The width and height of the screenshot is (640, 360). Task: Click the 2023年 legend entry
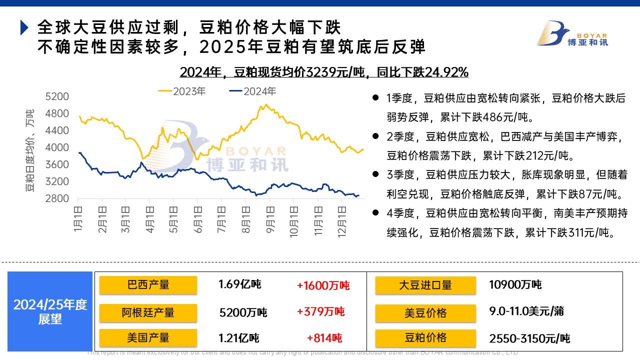coord(182,91)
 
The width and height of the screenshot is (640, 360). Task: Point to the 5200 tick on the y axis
coord(56,96)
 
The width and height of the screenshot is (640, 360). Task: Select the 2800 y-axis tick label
coord(56,198)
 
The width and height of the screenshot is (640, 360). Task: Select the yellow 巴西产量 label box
coord(148,285)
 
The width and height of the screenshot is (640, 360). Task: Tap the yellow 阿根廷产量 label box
coord(148,312)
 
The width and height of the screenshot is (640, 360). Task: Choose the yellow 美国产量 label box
coord(148,338)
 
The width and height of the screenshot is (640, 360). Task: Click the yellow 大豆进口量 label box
coord(425,285)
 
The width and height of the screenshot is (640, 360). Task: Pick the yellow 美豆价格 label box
coord(425,313)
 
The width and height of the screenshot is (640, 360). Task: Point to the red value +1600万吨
coord(323,285)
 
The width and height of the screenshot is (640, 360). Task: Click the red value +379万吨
coord(320,312)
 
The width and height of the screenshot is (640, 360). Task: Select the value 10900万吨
coord(515,285)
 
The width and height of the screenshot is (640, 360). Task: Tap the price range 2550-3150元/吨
coord(529,338)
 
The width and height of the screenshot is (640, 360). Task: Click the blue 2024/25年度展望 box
coord(50,311)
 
